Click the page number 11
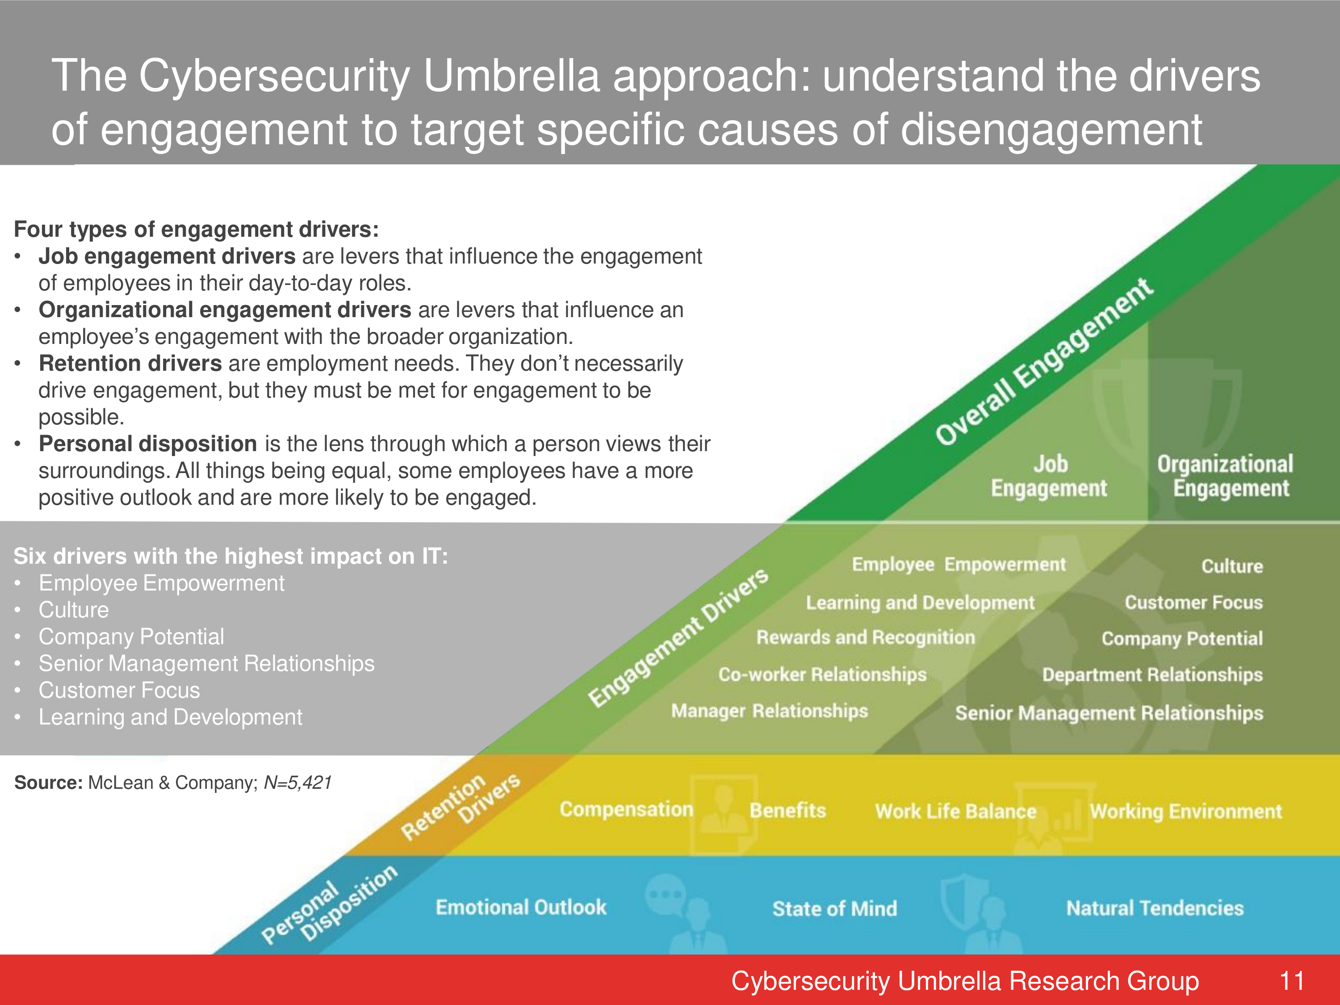[x=1292, y=981]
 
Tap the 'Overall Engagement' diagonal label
[x=1044, y=362]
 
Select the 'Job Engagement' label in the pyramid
[x=1049, y=476]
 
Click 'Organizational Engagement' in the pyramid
[x=1225, y=476]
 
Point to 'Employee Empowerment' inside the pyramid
[x=959, y=565]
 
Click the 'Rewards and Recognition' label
[x=866, y=637]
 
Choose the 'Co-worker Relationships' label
[x=822, y=674]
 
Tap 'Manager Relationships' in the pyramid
[x=769, y=711]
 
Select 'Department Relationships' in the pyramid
[x=1152, y=675]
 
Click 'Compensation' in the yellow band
[x=626, y=809]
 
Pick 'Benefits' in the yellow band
[x=787, y=811]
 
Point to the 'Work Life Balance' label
[x=955, y=811]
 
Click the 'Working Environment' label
[x=1185, y=811]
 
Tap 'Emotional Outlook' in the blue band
[x=521, y=907]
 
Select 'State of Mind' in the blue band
[x=834, y=908]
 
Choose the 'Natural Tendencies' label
[x=1155, y=908]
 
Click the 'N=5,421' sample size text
[x=298, y=783]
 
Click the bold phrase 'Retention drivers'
[x=130, y=364]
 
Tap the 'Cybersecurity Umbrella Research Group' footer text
[x=965, y=981]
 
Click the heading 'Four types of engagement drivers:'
[x=196, y=230]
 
